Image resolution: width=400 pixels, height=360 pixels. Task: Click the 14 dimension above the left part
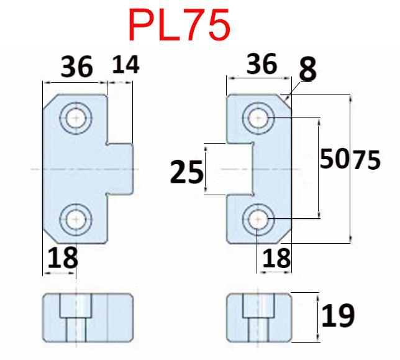(x=125, y=64)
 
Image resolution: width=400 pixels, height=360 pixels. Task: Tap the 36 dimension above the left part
(x=76, y=67)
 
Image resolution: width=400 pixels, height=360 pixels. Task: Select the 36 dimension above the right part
(x=261, y=63)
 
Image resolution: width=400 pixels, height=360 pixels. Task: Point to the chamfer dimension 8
(x=307, y=69)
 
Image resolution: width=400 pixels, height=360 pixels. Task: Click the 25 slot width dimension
(x=186, y=172)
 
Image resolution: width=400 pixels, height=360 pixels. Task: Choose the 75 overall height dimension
(x=366, y=160)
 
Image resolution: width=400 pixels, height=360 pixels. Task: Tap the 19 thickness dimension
(x=338, y=316)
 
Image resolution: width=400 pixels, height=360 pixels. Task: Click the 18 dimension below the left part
(x=63, y=257)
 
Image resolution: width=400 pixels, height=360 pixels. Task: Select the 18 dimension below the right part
(x=276, y=258)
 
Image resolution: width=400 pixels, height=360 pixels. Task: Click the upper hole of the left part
(x=76, y=118)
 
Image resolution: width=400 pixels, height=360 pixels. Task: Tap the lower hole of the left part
(x=76, y=219)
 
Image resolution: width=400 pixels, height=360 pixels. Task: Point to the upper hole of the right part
(x=258, y=118)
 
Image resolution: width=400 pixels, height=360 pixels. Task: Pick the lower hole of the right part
(x=258, y=219)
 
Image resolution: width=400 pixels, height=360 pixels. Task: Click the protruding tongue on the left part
(x=120, y=169)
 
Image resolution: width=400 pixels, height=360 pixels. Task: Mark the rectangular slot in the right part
(x=240, y=169)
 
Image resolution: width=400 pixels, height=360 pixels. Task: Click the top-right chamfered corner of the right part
(x=284, y=101)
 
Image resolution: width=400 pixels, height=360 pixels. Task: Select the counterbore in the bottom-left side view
(x=76, y=306)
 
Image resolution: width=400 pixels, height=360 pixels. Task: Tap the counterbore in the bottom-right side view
(x=258, y=306)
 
